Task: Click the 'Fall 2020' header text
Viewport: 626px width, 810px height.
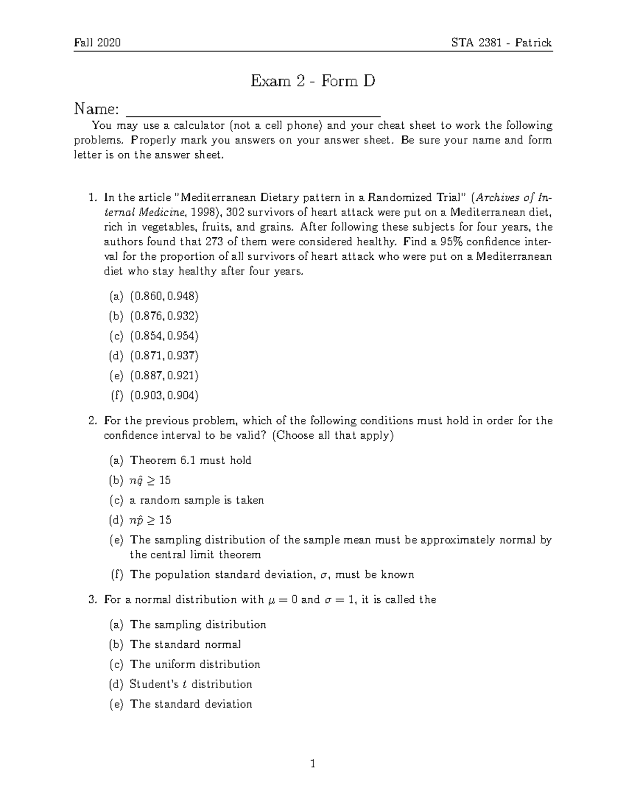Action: coord(98,43)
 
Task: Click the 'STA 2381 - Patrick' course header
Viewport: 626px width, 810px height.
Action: coord(501,43)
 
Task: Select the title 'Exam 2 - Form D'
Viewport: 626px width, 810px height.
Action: coord(313,81)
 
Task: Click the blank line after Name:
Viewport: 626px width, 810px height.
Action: coord(254,111)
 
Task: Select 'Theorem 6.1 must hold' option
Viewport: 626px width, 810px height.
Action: coord(190,461)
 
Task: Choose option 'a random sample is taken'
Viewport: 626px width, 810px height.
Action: coord(197,501)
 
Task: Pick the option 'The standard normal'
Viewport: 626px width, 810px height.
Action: coord(185,645)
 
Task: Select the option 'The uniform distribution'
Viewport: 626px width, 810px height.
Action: coord(195,664)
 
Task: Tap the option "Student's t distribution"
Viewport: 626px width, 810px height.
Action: coord(190,684)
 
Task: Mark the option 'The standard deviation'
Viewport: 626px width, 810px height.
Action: coord(190,704)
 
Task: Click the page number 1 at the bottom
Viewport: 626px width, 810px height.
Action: coord(313,765)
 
